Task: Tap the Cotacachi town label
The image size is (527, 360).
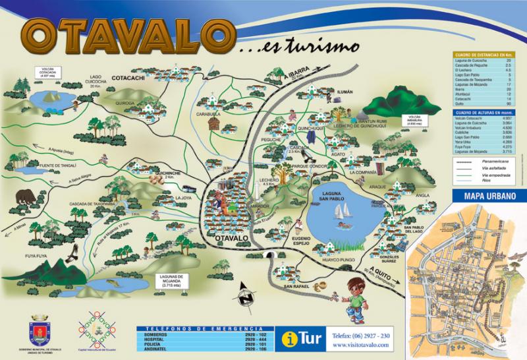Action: pos(134,78)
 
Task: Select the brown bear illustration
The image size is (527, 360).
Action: pos(26,196)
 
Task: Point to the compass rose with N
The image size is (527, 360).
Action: pos(245,295)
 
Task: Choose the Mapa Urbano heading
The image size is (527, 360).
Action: pos(488,197)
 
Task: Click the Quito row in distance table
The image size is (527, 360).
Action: pos(483,104)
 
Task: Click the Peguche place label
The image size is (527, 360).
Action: pos(271,140)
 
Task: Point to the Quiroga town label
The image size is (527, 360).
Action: pos(125,103)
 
